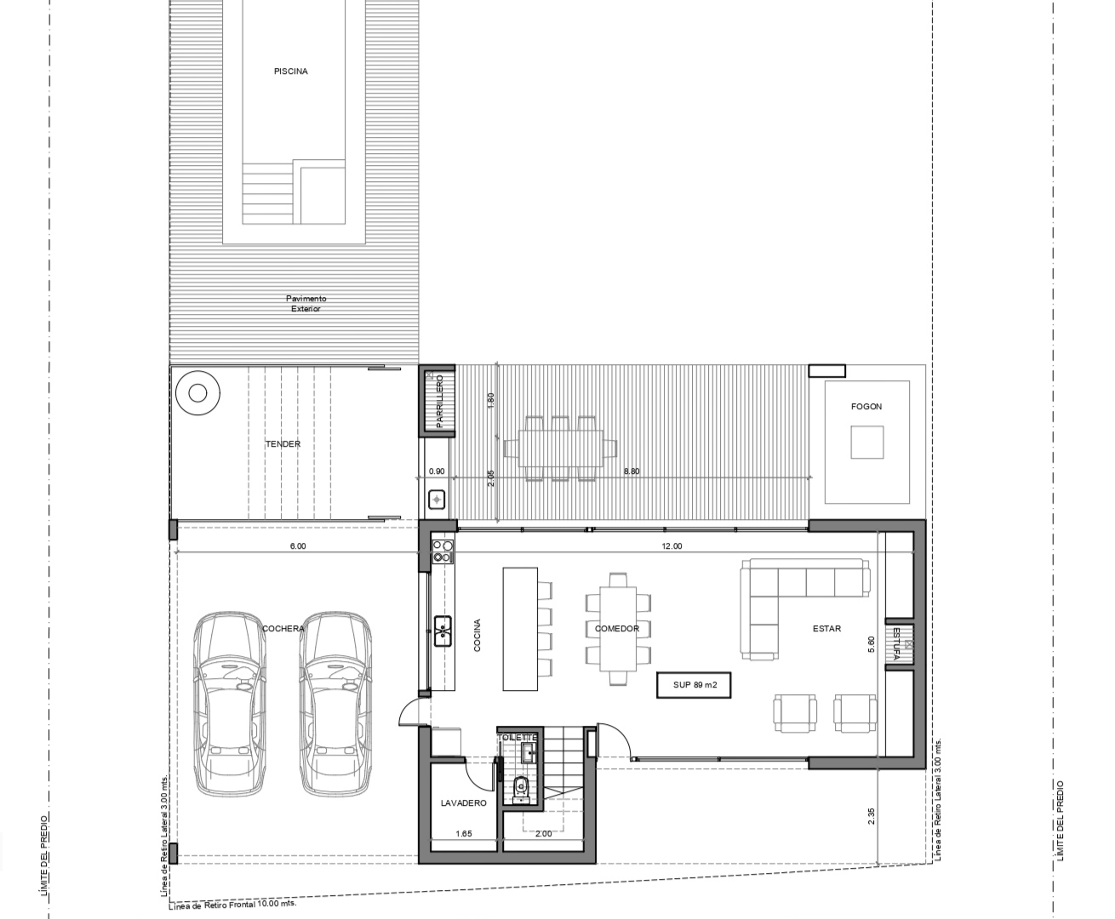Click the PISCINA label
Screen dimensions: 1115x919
click(290, 71)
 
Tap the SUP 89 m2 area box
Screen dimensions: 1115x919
click(694, 685)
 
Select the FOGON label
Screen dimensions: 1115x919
click(866, 407)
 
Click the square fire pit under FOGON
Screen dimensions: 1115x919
click(867, 442)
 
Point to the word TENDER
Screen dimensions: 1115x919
click(283, 443)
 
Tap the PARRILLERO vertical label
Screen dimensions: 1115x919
click(440, 402)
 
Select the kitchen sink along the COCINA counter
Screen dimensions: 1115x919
click(443, 631)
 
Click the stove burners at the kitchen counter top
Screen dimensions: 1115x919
click(443, 551)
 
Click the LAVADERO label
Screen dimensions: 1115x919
click(464, 803)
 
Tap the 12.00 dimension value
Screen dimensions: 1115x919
click(672, 545)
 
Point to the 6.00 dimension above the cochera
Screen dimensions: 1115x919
click(298, 545)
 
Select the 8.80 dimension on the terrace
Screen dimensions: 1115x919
click(632, 471)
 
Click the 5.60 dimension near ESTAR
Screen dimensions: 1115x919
click(872, 644)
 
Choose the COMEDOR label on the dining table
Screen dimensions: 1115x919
click(617, 629)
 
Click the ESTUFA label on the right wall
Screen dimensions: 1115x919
click(896, 643)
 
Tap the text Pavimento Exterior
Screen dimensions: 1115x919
click(306, 303)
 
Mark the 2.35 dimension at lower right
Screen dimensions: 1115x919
click(872, 816)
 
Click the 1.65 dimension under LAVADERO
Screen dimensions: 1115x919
click(464, 833)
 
